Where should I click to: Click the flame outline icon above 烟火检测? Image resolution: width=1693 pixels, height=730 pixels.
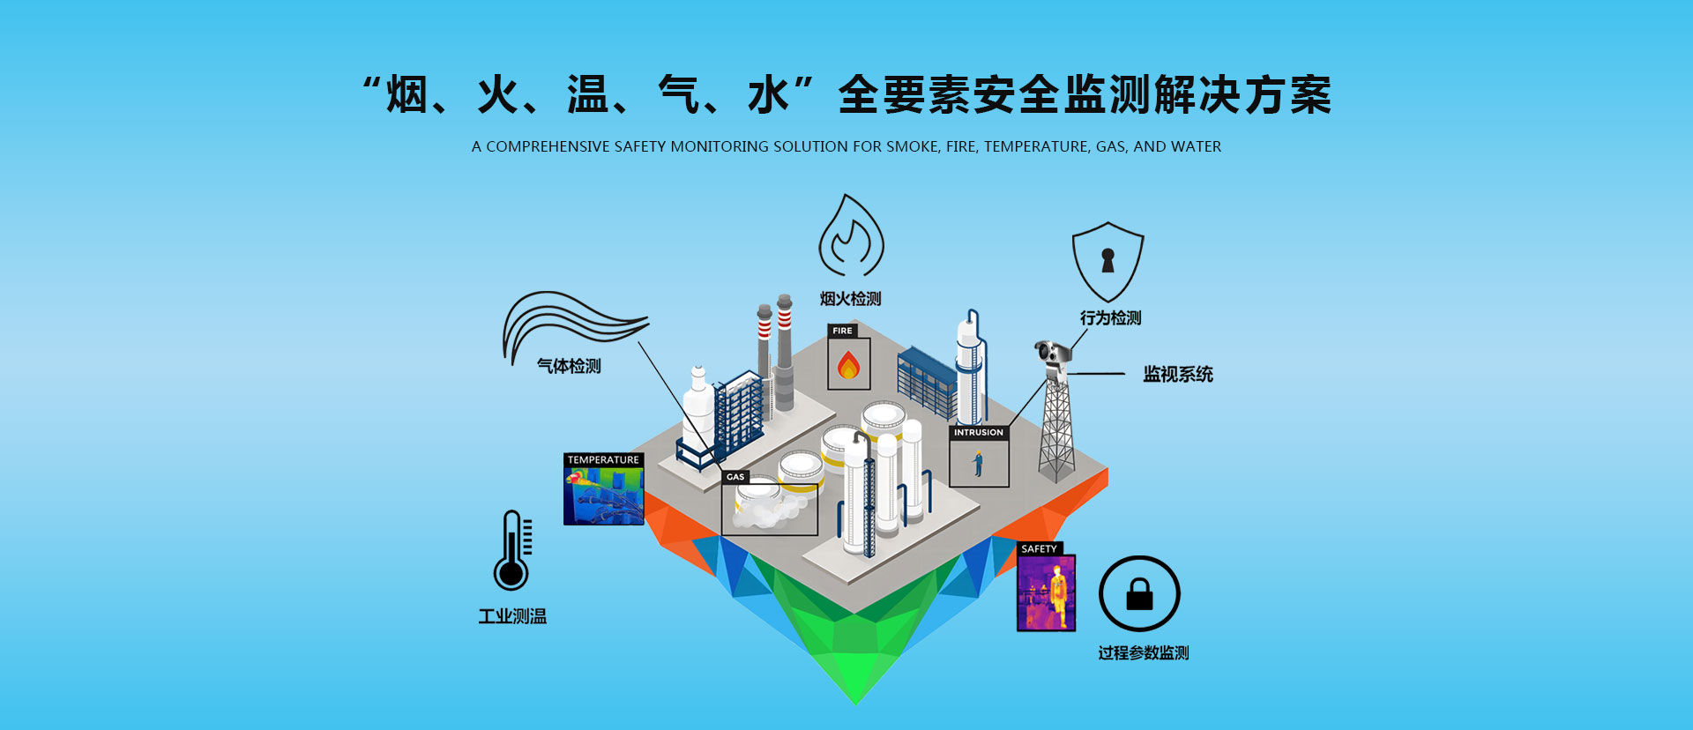[851, 236]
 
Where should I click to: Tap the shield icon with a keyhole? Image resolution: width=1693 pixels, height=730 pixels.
[1108, 262]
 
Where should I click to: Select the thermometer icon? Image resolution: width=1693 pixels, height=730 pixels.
[511, 551]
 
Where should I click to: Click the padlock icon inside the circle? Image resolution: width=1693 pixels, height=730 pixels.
[1139, 593]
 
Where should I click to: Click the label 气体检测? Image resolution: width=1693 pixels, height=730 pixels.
[569, 366]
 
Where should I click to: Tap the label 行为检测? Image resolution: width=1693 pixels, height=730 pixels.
[1110, 318]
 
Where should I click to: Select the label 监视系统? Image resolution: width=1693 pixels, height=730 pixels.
[1178, 375]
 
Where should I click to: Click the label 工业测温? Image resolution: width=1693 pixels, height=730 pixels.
[512, 617]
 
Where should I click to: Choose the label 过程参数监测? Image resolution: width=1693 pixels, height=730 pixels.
[1144, 653]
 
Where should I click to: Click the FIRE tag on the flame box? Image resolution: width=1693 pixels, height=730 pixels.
[842, 331]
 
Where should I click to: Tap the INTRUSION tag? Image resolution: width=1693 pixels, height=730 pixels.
[978, 433]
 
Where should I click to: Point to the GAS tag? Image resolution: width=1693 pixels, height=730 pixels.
[735, 477]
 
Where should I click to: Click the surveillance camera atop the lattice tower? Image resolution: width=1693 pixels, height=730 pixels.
[1053, 354]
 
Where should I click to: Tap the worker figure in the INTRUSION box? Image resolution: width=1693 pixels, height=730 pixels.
[978, 463]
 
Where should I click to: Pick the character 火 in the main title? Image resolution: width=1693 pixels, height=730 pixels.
[498, 95]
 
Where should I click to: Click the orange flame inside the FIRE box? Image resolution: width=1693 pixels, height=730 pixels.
[848, 365]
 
